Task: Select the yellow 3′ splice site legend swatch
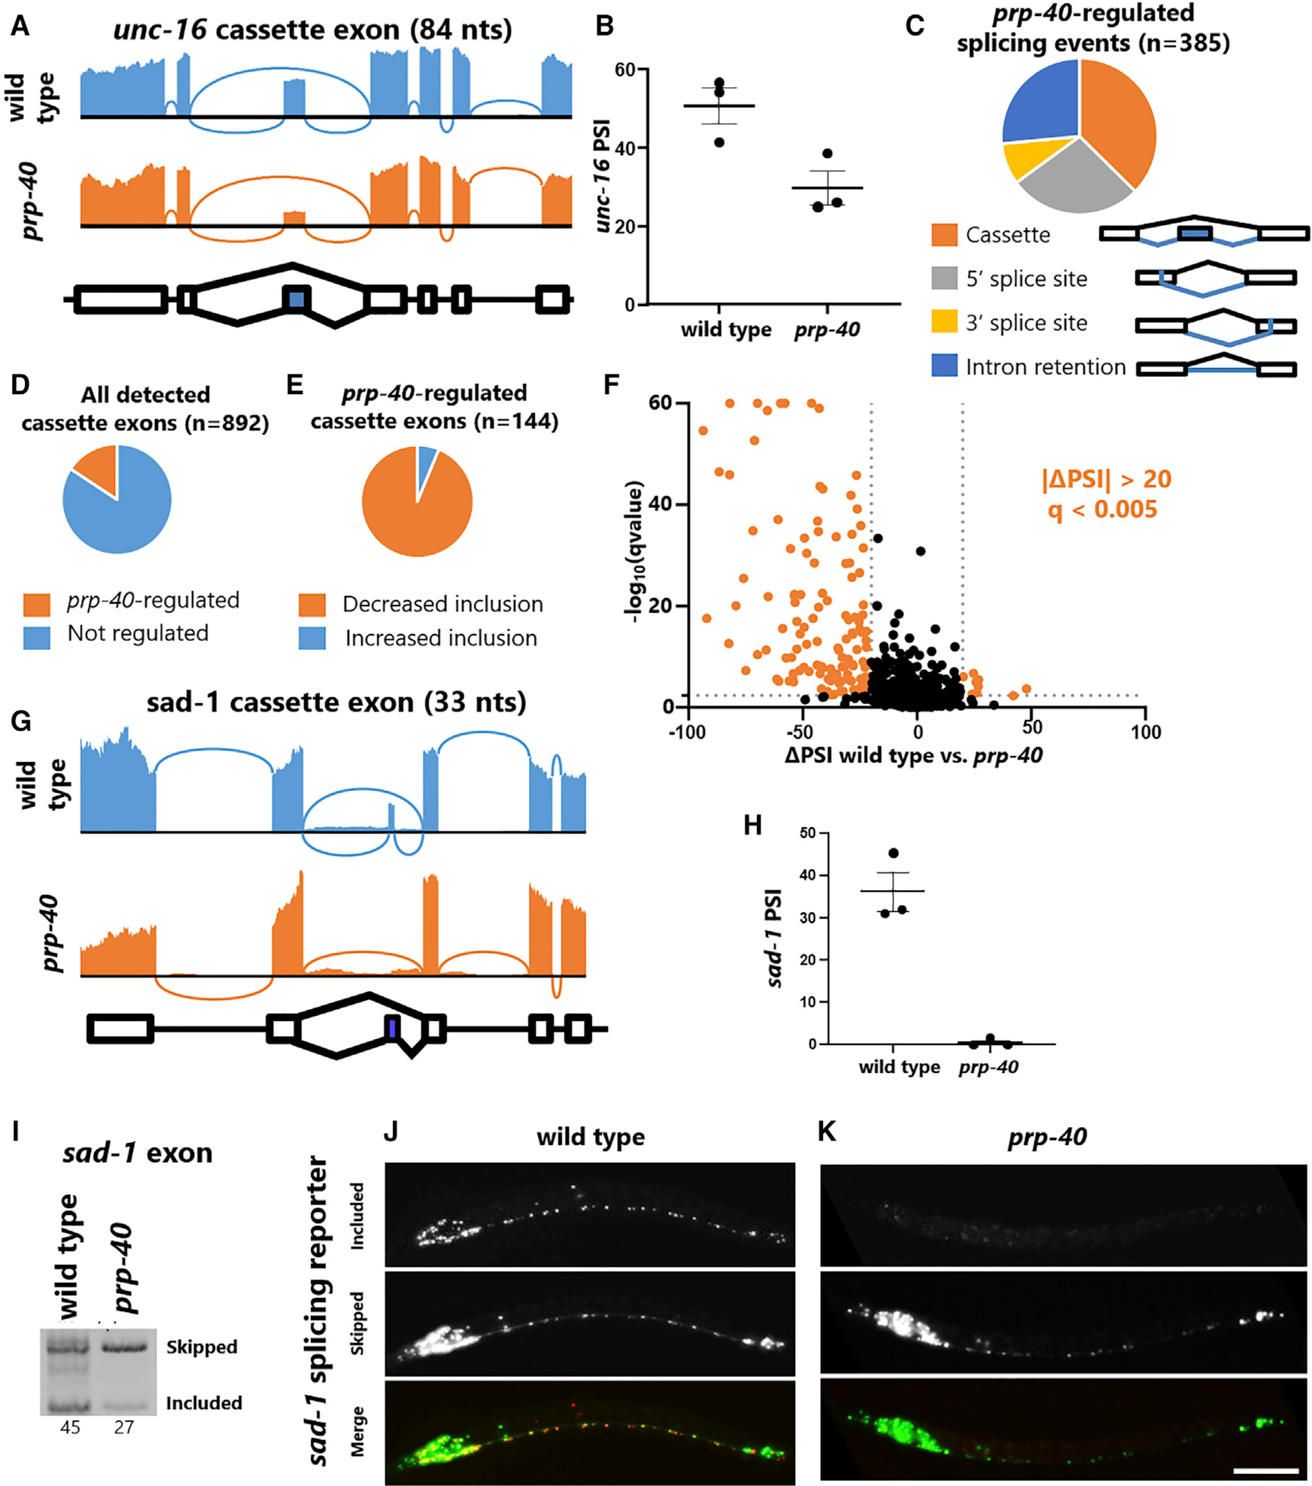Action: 944,322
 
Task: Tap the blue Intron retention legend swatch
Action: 944,366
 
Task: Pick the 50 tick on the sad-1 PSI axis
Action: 807,833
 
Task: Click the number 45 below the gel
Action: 70,1427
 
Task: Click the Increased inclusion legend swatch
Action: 311,638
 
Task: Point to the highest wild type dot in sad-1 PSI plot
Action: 894,853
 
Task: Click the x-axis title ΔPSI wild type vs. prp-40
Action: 913,756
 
